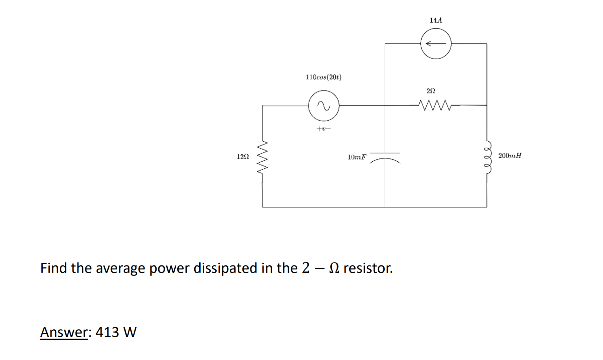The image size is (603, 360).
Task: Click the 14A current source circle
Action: pos(436,44)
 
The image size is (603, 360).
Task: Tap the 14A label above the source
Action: pos(436,20)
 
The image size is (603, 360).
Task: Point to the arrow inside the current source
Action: pos(435,44)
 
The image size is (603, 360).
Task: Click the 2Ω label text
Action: pos(431,91)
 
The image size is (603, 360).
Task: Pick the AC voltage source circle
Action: pos(324,106)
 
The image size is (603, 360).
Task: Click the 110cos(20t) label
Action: pos(324,77)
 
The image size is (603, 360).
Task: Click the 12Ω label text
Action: pos(243,157)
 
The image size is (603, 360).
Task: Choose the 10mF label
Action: pos(357,157)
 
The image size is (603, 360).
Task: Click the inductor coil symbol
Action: pos(487,156)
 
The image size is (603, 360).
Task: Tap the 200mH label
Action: pos(510,156)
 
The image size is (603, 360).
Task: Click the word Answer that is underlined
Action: pos(63,332)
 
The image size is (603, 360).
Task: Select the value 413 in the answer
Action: pos(107,332)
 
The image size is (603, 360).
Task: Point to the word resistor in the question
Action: pos(368,268)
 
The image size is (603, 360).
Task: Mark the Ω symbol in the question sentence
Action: pos(334,268)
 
